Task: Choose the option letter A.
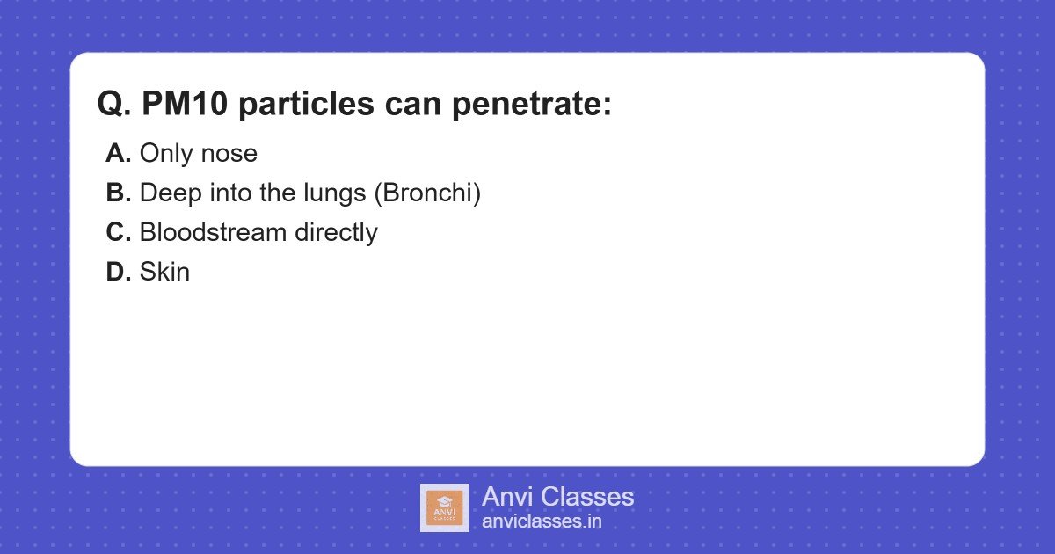118,154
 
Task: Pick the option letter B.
118,193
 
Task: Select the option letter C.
118,233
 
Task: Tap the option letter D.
118,273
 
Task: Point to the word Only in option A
166,154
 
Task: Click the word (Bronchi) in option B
427,193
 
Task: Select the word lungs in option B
337,193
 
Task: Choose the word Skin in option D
164,273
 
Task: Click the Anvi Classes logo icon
444,507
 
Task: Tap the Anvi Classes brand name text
557,497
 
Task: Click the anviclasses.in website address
542,521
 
